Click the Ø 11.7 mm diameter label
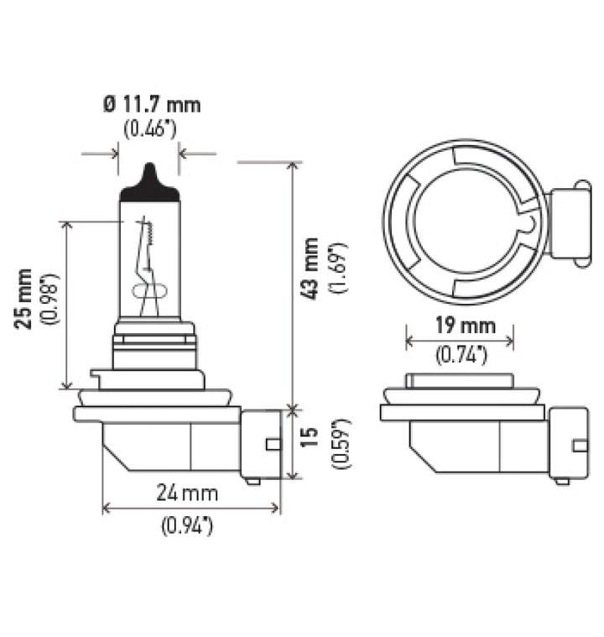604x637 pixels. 151,106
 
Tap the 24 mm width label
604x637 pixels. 189,493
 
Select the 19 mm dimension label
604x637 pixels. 460,326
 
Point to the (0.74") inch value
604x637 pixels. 460,355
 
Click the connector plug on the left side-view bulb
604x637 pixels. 261,444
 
